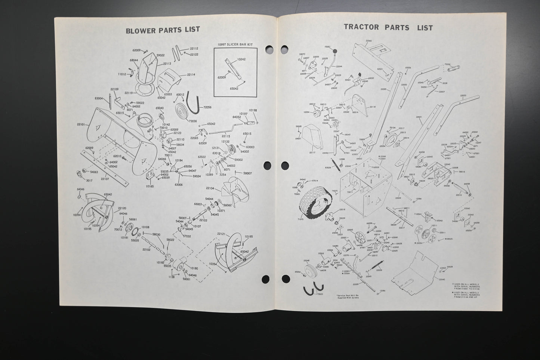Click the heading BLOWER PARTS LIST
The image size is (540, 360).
(163, 30)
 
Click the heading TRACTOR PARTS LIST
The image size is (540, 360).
(388, 27)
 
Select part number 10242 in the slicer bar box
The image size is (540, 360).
(242, 59)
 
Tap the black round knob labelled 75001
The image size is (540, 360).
(335, 51)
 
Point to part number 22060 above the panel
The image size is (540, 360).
(369, 40)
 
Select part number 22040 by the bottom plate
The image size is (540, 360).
(442, 279)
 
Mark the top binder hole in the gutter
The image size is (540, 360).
(268, 50)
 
